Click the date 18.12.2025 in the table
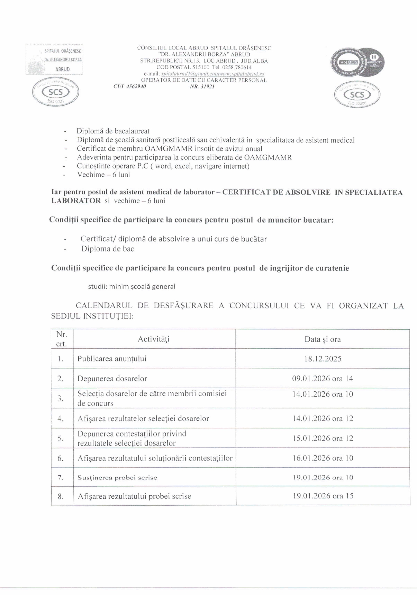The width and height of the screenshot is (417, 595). coord(323,359)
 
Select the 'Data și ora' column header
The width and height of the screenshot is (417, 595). coord(323,339)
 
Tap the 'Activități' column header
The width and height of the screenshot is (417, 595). coord(154,339)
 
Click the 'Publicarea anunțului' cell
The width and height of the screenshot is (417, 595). coord(112,359)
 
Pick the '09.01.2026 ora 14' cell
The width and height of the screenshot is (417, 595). coord(323,379)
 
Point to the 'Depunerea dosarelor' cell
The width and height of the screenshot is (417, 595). coord(112,379)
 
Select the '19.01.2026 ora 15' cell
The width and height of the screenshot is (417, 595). coord(323,496)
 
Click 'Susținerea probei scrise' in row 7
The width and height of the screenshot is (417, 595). coord(117,478)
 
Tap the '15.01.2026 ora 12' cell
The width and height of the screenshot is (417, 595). coord(323,438)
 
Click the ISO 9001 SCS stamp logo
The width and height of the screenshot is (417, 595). coord(55,92)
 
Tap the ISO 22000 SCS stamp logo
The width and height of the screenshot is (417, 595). coord(357,95)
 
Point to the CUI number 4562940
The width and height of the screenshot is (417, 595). coord(130,87)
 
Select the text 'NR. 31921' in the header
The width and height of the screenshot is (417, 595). coord(202,87)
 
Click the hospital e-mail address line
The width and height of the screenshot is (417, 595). coord(204,74)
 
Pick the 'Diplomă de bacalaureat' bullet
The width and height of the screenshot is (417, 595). coord(113,131)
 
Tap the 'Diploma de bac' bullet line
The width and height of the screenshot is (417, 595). coord(108,249)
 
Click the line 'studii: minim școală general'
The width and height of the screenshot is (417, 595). coord(132,286)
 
